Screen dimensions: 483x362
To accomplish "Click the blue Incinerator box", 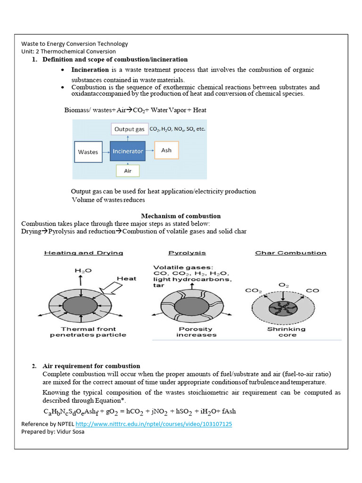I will click(x=128, y=151).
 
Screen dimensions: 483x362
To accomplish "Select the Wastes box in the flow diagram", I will click(x=88, y=152).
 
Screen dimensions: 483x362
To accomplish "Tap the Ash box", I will click(x=166, y=150).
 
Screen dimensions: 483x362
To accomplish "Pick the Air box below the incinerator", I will click(x=128, y=171).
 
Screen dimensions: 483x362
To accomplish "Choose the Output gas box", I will click(x=129, y=129).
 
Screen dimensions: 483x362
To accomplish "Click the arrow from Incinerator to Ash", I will click(x=150, y=151).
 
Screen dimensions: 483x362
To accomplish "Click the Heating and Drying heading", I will click(x=83, y=253).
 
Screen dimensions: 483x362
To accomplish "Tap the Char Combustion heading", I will click(x=291, y=253).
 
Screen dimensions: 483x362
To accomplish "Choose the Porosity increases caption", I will click(x=196, y=332).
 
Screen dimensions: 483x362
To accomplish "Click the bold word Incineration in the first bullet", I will click(x=90, y=70).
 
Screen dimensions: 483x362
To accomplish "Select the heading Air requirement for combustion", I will click(x=91, y=366).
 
